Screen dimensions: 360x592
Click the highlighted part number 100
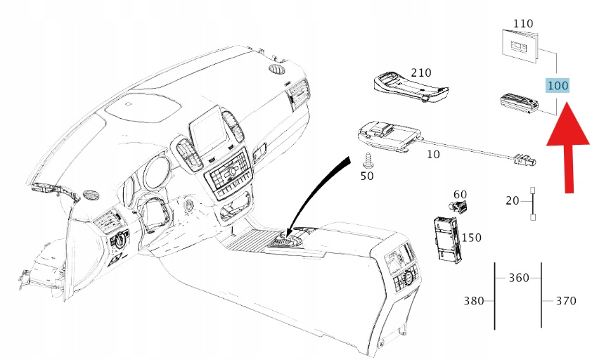[558, 86]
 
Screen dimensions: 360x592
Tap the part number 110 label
[522, 23]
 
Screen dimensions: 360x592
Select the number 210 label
[420, 72]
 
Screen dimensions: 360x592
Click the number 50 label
[367, 176]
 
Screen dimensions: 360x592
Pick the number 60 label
[460, 194]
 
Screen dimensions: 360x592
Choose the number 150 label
[471, 238]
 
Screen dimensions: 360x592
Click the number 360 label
[518, 278]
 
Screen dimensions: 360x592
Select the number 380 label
[475, 301]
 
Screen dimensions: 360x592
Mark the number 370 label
[565, 301]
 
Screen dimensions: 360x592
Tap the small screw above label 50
[366, 159]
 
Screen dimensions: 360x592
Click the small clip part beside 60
[459, 207]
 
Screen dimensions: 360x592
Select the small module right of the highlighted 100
[519, 103]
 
